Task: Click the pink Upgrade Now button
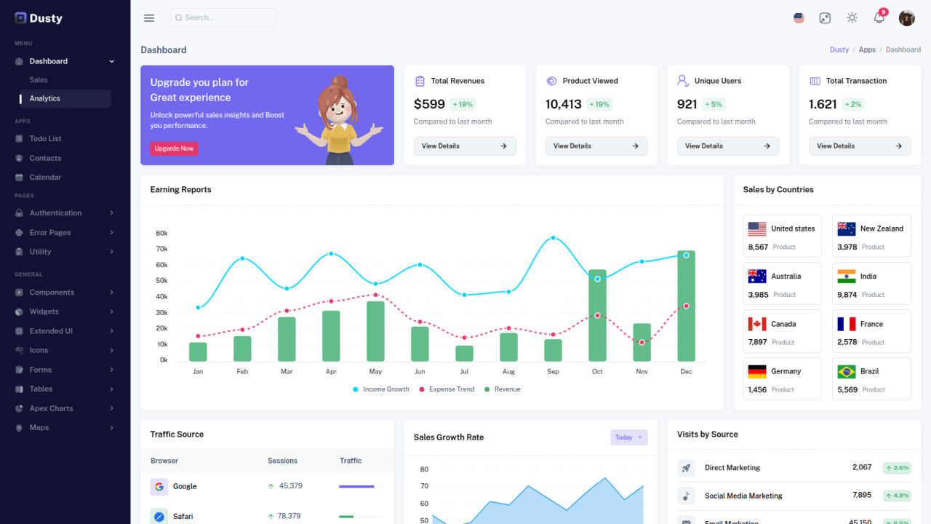pos(174,148)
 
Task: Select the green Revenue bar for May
pos(375,331)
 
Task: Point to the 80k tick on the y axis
pos(161,234)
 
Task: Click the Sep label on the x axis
pos(553,372)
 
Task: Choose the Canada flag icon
pos(757,324)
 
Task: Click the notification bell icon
pos(879,18)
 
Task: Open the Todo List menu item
pos(45,138)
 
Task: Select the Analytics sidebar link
pos(45,98)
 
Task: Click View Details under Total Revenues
pos(465,146)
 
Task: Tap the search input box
pos(223,17)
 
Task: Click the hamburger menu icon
pos(149,18)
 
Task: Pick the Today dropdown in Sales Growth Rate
pos(628,437)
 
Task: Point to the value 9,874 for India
pos(847,295)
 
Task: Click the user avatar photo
pos(906,18)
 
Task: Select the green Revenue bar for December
pos(686,306)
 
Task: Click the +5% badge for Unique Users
pos(713,104)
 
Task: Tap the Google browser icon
pos(159,487)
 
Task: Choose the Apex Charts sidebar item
pos(51,408)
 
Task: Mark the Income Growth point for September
pos(553,238)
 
